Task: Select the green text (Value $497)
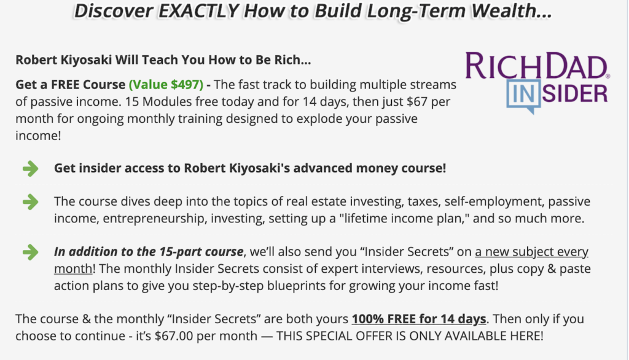(166, 85)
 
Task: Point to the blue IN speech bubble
(523, 96)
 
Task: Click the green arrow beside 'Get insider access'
(31, 168)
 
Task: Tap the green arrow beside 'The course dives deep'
(31, 202)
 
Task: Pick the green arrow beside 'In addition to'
(31, 252)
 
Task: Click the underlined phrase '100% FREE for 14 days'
(419, 319)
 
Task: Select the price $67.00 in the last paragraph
(174, 336)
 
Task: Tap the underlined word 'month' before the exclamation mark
(73, 268)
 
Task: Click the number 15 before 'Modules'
(131, 101)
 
